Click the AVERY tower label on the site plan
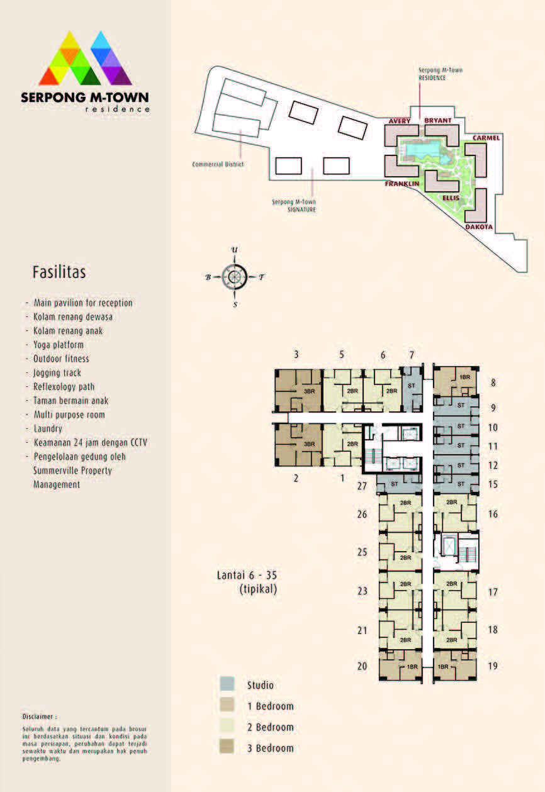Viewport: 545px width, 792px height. pyautogui.click(x=399, y=121)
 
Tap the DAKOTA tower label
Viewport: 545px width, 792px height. pyautogui.click(x=479, y=226)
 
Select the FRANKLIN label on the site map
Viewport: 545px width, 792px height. pyautogui.click(x=402, y=184)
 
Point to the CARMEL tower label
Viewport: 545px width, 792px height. pyautogui.click(x=486, y=138)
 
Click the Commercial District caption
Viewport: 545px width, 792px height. pyautogui.click(x=218, y=164)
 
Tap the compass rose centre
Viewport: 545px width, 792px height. pyautogui.click(x=234, y=277)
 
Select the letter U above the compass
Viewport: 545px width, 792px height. pyautogui.click(x=234, y=250)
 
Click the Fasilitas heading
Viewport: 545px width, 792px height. pyautogui.click(x=59, y=272)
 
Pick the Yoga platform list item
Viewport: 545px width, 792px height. pyautogui.click(x=59, y=345)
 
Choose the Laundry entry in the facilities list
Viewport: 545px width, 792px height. pyautogui.click(x=48, y=428)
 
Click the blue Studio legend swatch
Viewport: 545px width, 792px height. pyautogui.click(x=227, y=684)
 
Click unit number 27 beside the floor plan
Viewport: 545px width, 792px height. pyautogui.click(x=362, y=486)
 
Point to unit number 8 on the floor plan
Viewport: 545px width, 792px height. pyautogui.click(x=493, y=382)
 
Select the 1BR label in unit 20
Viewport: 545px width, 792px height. pyautogui.click(x=412, y=667)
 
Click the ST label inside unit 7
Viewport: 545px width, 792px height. pyautogui.click(x=411, y=386)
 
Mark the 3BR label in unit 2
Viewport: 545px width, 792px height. pyautogui.click(x=309, y=444)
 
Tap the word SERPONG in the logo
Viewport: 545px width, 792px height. pyautogui.click(x=53, y=98)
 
